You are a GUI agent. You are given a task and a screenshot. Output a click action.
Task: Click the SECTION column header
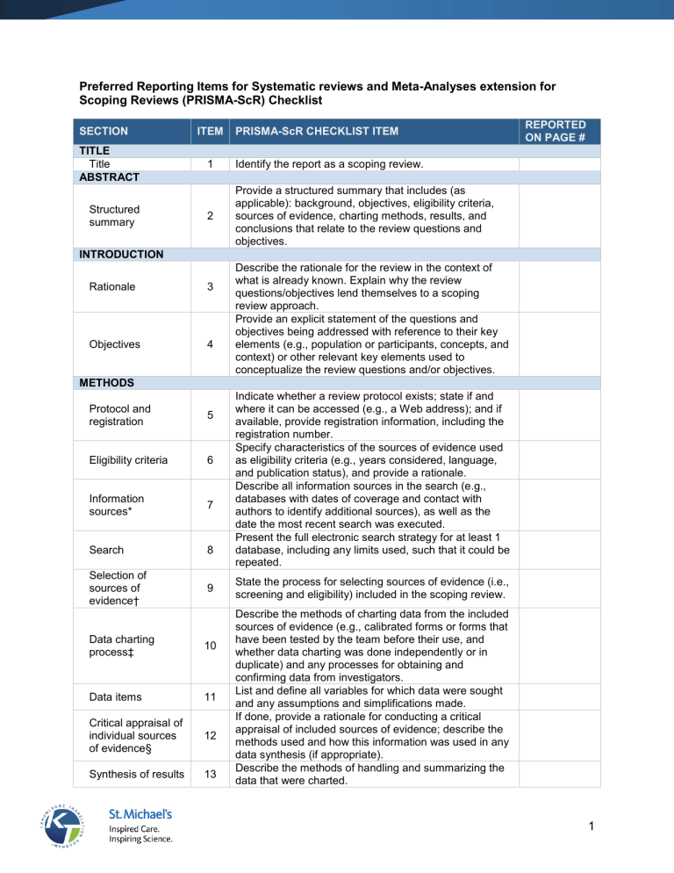103,131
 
